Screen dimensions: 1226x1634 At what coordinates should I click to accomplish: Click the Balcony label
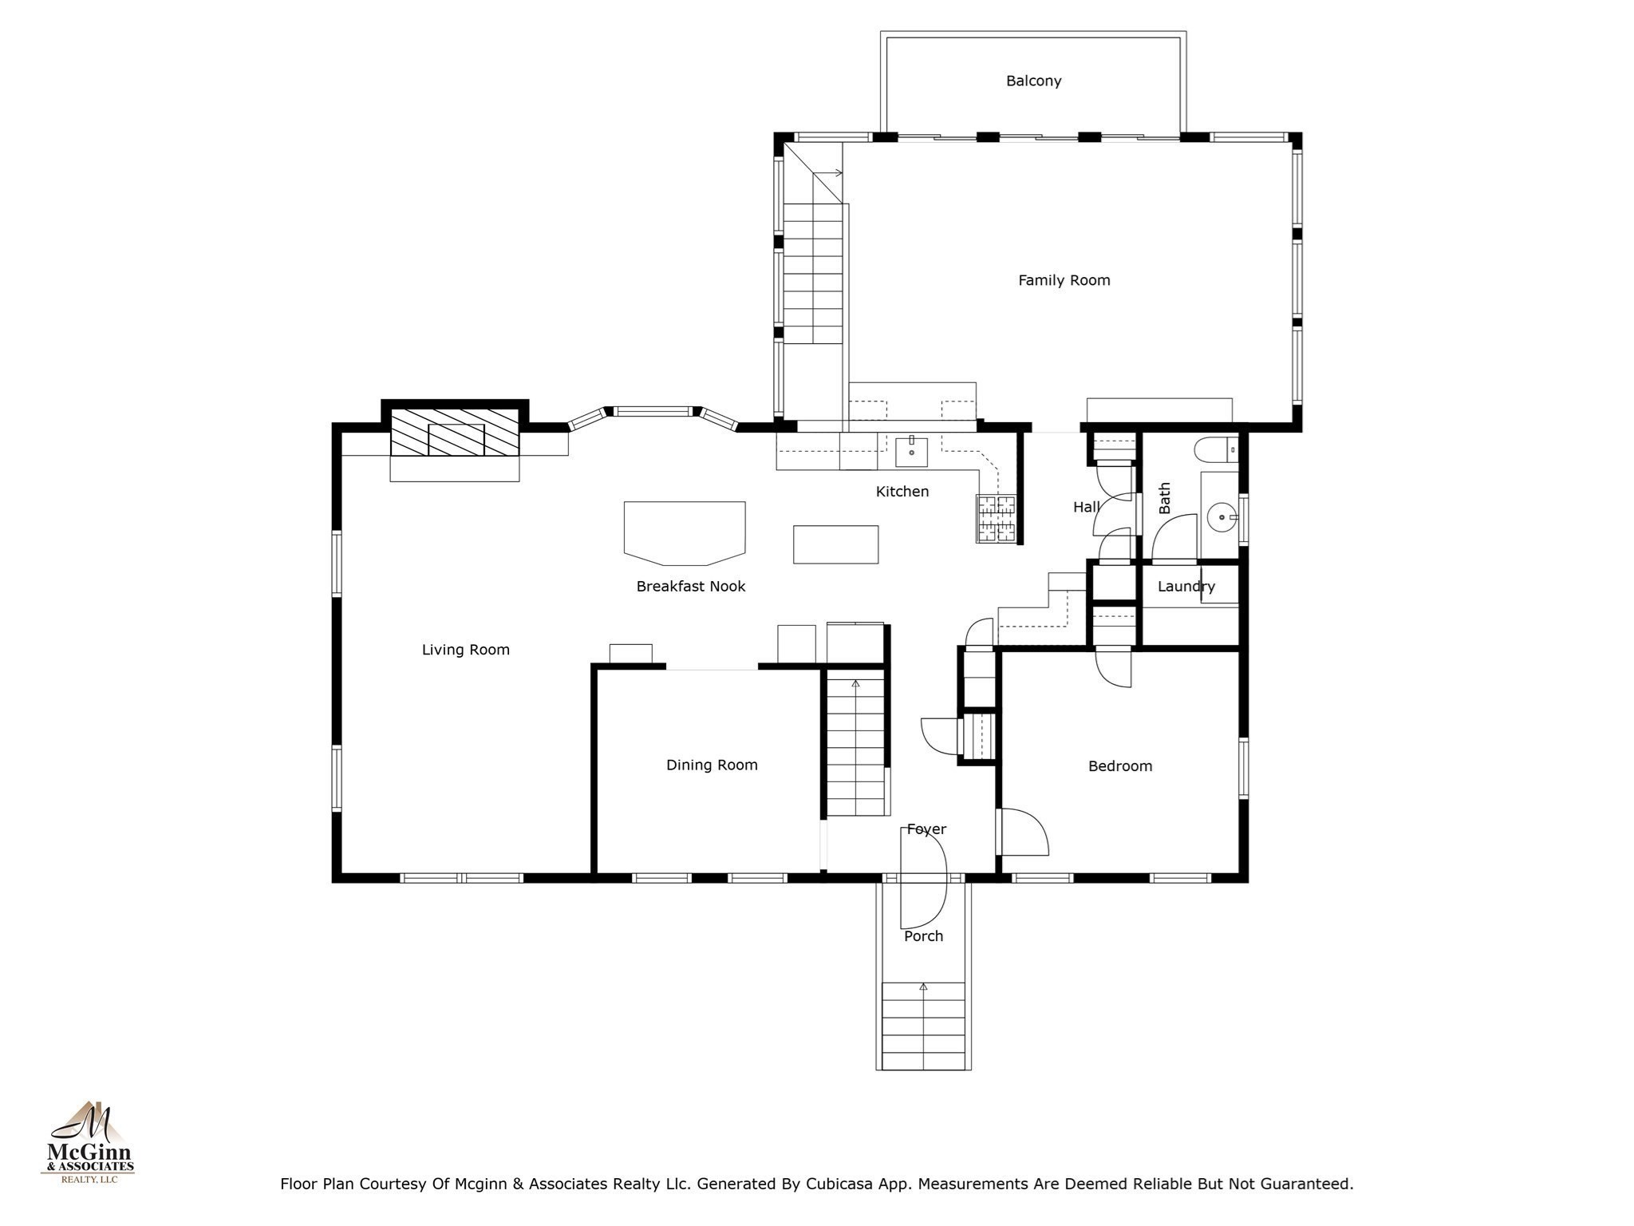(1033, 81)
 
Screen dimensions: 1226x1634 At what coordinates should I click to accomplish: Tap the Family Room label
(1064, 280)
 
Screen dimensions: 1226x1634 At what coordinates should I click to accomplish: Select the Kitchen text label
(902, 492)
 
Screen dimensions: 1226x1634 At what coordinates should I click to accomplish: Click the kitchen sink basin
(911, 453)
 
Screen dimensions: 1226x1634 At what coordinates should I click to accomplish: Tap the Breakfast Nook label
(691, 587)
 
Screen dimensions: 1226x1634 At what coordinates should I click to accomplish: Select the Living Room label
(465, 650)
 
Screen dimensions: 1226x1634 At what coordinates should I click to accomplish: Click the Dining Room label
(712, 765)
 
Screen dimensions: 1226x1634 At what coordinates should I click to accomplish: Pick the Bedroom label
(1120, 766)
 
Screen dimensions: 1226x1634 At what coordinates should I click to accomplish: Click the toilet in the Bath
(1214, 450)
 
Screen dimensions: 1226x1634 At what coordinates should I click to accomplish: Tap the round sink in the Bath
(1221, 517)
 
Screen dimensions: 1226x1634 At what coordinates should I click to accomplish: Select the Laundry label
(1186, 587)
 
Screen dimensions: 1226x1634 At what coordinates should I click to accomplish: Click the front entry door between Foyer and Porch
(924, 878)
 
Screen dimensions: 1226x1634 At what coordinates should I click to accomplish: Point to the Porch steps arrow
(923, 988)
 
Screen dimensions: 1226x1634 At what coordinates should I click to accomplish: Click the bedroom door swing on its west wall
(1024, 834)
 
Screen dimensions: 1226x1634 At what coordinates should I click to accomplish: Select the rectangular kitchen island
(835, 544)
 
